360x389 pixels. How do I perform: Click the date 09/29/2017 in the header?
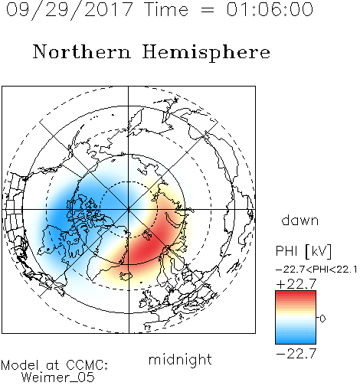(x=70, y=9)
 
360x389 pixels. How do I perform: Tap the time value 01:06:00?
(x=270, y=9)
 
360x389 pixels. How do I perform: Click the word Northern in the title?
(x=82, y=51)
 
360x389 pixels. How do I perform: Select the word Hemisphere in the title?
(x=206, y=53)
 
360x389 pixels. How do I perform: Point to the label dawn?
(x=300, y=220)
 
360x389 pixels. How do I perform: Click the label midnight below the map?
(x=180, y=361)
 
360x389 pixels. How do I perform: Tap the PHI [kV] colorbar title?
(x=303, y=251)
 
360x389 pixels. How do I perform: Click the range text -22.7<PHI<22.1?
(x=316, y=270)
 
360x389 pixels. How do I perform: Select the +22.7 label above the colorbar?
(x=296, y=284)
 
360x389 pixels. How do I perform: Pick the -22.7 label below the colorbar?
(x=296, y=354)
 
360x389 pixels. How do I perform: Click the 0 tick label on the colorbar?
(x=322, y=319)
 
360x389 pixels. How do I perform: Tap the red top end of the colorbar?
(x=296, y=293)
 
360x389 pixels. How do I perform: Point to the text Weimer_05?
(x=58, y=378)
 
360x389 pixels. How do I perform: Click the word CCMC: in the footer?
(x=87, y=365)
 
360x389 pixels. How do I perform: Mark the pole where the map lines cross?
(x=129, y=210)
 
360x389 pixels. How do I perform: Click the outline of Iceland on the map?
(x=126, y=276)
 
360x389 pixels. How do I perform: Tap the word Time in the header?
(x=166, y=9)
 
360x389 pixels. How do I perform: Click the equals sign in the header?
(x=208, y=10)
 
